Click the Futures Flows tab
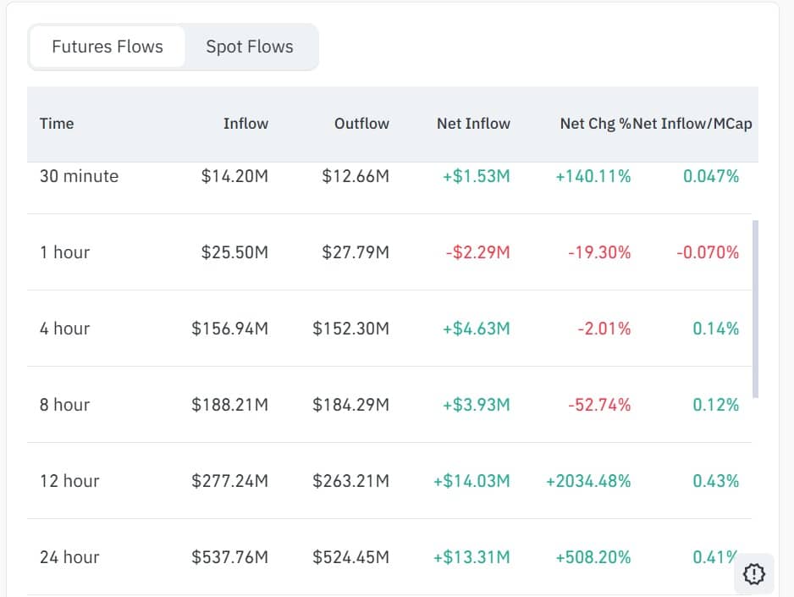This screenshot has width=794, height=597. pos(108,47)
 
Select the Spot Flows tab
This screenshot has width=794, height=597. pos(250,47)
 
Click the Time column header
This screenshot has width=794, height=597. pos(57,124)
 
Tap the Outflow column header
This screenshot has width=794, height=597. pos(361,124)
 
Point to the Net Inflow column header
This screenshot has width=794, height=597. pos(473,124)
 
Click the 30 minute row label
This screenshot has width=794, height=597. pos(79,176)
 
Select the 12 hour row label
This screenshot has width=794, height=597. pos(69,481)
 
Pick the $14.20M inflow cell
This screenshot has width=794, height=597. pos(234,176)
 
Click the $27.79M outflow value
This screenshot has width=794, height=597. pos(356,252)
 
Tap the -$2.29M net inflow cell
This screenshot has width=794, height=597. pos(477,252)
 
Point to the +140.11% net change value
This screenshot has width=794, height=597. pos(593,176)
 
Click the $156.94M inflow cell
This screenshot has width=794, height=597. pos(229,329)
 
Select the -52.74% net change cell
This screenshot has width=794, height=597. pos(598,405)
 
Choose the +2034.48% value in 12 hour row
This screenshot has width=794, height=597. pos(588,481)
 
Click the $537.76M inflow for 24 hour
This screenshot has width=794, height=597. pos(229,557)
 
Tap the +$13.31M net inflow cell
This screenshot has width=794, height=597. pos(471,557)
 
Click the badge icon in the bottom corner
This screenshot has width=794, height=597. pos(753,574)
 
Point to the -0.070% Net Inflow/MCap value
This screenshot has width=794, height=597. pos(707,252)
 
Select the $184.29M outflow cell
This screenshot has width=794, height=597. pos(350,405)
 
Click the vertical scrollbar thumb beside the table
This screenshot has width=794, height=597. pos(755,309)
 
